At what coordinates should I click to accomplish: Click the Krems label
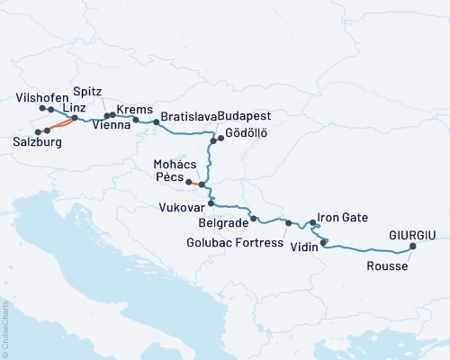tap(133, 108)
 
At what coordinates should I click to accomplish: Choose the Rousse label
tap(386, 266)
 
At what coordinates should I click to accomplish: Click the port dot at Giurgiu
tap(413, 246)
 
